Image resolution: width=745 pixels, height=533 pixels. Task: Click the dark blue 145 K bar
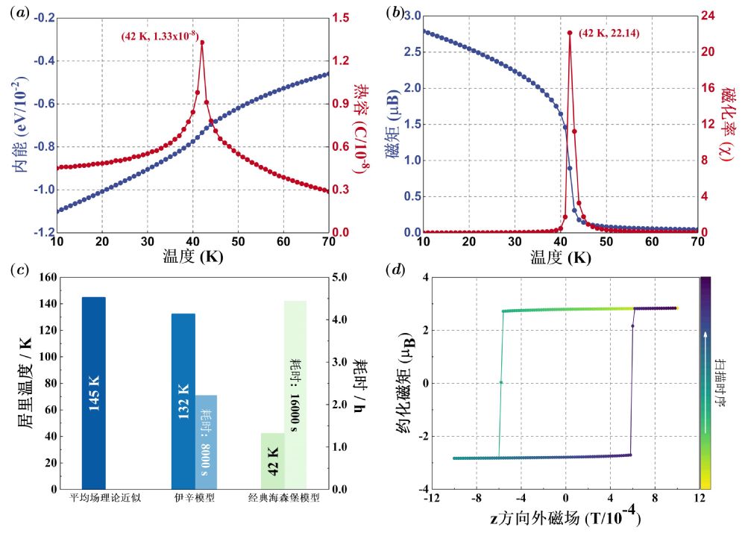click(x=93, y=393)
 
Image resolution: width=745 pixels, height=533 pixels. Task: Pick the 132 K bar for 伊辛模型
click(x=183, y=401)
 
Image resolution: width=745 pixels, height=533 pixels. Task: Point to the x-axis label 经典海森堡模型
click(x=285, y=498)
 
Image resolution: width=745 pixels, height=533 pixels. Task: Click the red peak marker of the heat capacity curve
click(x=202, y=43)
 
